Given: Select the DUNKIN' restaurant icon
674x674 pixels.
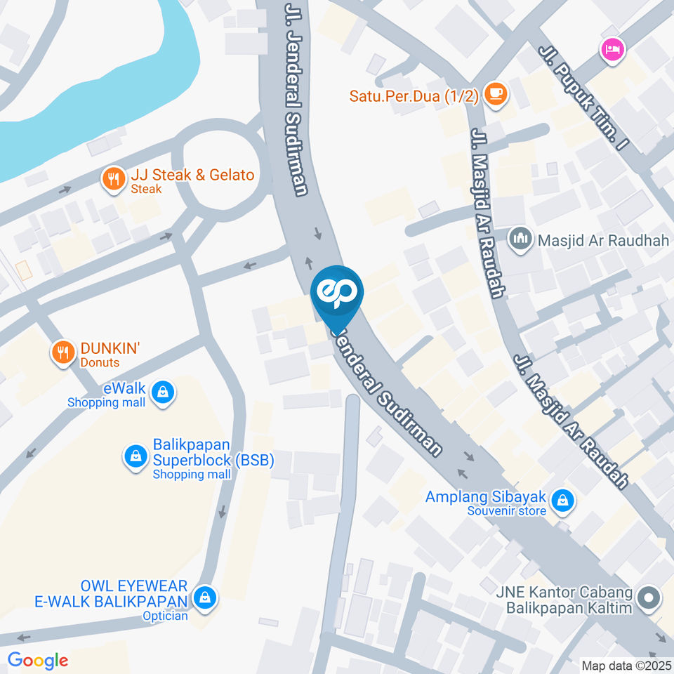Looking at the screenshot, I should (63, 352).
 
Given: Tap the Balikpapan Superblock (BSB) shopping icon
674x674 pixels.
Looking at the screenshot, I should (134, 456).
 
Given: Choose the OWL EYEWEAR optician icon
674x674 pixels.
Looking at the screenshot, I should (204, 597).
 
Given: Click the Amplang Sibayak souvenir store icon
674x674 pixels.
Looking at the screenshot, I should (562, 501).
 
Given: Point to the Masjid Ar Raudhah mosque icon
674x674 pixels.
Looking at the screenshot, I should (520, 240).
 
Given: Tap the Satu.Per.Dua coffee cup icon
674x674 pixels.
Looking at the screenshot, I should (496, 93).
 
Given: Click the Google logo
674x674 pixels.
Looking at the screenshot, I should (38, 660).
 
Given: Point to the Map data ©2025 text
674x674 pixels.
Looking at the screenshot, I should (627, 665).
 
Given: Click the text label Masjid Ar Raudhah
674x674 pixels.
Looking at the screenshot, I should (604, 240).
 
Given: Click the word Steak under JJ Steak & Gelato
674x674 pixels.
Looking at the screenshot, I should (146, 189).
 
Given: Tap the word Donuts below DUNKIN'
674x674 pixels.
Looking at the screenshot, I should (100, 362).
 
